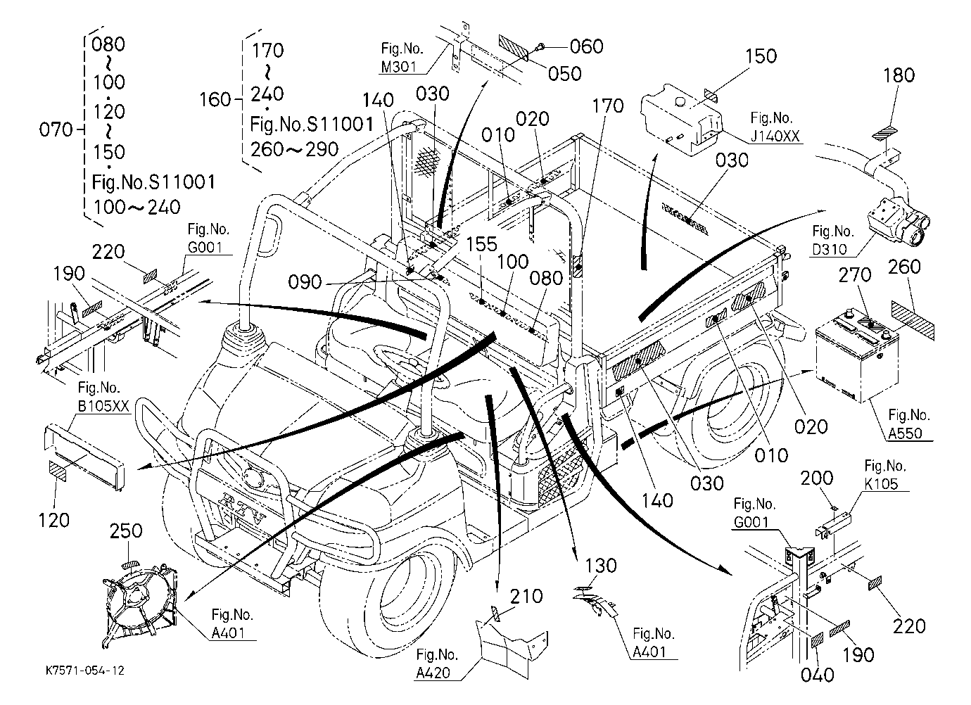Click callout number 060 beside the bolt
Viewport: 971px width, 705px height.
[586, 46]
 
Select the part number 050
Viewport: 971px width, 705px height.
[564, 74]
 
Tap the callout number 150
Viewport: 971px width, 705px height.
[761, 56]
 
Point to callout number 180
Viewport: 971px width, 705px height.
[899, 75]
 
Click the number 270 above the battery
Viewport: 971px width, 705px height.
[855, 275]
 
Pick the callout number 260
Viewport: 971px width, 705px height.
[904, 267]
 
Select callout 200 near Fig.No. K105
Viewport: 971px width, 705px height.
[817, 478]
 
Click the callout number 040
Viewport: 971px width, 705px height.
[818, 675]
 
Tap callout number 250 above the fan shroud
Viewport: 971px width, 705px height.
[126, 531]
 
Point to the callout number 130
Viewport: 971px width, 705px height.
[601, 566]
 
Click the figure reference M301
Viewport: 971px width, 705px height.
[399, 67]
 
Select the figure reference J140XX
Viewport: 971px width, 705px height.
[775, 136]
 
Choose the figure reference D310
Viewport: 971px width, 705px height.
[830, 249]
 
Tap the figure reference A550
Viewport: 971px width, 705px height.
[905, 433]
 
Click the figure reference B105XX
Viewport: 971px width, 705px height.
[103, 406]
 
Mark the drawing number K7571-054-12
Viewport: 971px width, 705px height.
[85, 671]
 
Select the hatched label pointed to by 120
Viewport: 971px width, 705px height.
[58, 470]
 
